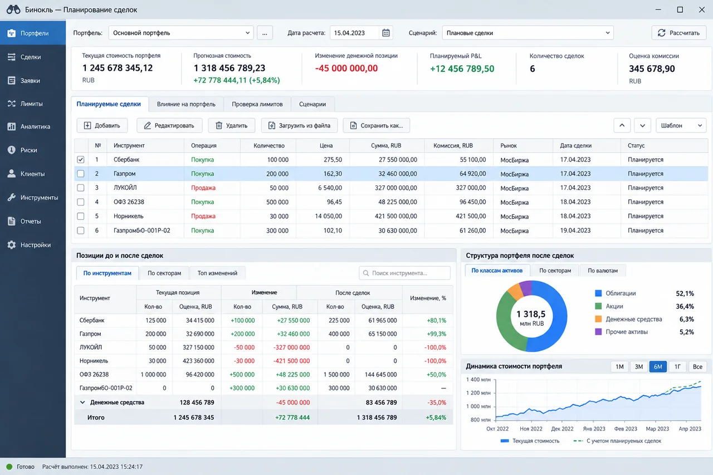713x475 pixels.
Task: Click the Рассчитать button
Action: click(x=678, y=33)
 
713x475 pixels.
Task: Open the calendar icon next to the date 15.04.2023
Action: click(x=386, y=33)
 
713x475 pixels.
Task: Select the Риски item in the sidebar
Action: click(x=28, y=150)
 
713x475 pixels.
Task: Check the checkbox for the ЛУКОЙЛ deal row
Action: click(x=81, y=188)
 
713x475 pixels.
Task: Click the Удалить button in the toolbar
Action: click(x=231, y=125)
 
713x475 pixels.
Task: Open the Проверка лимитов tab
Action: click(x=257, y=104)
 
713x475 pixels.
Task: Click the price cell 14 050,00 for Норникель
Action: click(x=328, y=216)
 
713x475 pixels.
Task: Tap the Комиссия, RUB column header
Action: click(x=453, y=145)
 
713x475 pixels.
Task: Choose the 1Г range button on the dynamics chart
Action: click(x=677, y=366)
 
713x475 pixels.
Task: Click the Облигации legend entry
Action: click(x=621, y=293)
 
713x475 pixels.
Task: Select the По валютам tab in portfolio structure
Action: click(x=603, y=271)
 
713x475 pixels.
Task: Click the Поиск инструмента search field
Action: click(x=404, y=273)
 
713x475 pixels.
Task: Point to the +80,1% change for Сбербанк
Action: click(x=436, y=320)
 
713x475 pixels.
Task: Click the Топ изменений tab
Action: click(x=217, y=273)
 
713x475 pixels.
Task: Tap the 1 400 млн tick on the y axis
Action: click(x=478, y=379)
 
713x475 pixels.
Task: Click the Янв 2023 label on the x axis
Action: click(x=594, y=429)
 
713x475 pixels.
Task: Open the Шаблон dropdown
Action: click(x=681, y=125)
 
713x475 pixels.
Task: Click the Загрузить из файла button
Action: click(x=299, y=125)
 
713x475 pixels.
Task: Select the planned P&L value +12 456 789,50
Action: click(x=462, y=68)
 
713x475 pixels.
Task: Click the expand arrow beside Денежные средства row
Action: click(x=82, y=402)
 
